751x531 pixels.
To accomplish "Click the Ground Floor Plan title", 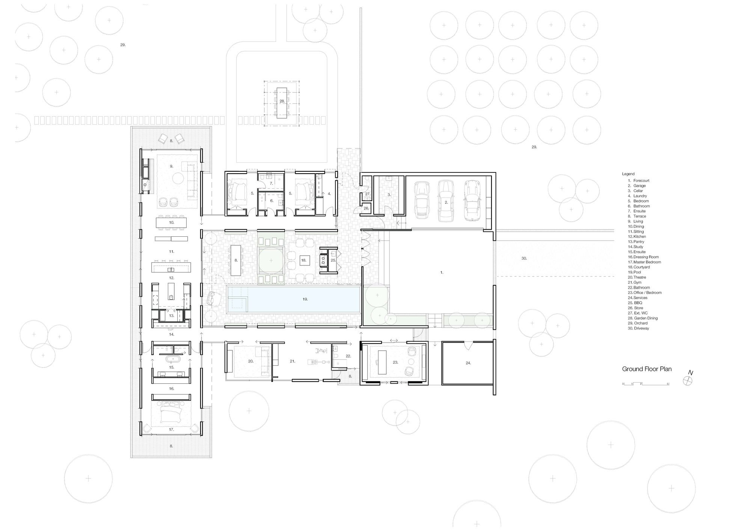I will point(647,369).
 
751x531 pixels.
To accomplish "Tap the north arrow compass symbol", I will point(688,381).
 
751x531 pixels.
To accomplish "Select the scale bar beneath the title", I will point(645,384).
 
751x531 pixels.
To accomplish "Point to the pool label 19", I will point(305,299).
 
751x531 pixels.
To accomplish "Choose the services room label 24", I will point(468,363).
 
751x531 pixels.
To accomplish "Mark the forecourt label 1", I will point(442,272).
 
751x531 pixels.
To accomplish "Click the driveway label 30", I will point(524,258).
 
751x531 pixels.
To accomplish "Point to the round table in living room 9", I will point(178,177).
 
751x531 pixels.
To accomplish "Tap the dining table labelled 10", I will point(171,222).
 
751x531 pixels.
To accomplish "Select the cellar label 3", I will point(389,195).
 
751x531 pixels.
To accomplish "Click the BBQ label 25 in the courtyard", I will point(333,260).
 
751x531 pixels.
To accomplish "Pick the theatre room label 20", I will point(250,361).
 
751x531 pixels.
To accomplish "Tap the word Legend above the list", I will point(628,174).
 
